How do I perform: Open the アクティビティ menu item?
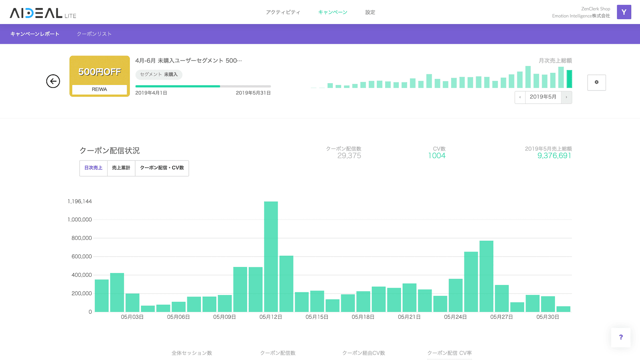(283, 12)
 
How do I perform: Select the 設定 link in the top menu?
(370, 12)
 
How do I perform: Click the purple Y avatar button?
(624, 12)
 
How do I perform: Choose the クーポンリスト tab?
(94, 34)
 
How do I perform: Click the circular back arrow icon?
(53, 81)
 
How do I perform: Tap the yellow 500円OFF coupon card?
(100, 76)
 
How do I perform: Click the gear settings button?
(596, 82)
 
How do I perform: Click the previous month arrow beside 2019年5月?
(520, 97)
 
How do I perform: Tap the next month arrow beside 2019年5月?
(566, 97)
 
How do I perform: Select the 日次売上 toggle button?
(93, 168)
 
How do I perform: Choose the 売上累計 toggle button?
(121, 168)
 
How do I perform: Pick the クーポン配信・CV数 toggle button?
(162, 168)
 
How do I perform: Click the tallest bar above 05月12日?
(271, 256)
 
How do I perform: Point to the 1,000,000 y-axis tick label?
(80, 220)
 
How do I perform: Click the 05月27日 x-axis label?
(501, 317)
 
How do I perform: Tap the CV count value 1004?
(436, 156)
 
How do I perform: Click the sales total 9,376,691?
(554, 156)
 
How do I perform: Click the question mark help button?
(621, 337)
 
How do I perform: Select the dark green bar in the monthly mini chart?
(569, 79)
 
